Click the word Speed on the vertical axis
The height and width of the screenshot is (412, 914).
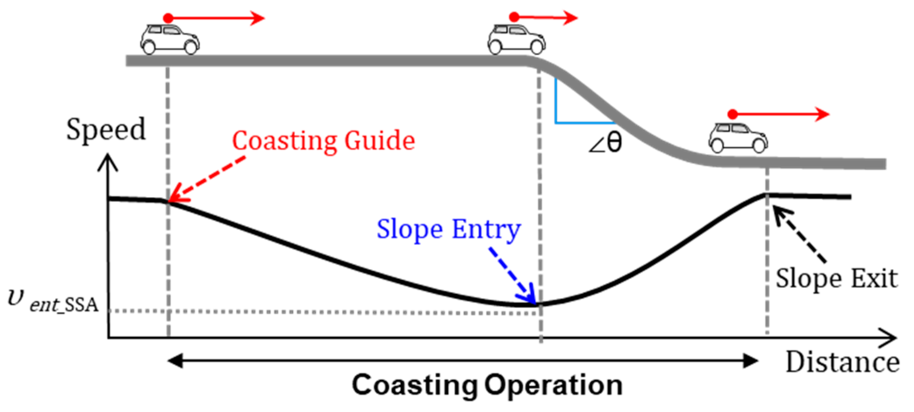[106, 129]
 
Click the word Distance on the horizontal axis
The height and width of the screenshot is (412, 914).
[842, 362]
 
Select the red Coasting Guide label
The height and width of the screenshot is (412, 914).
[323, 140]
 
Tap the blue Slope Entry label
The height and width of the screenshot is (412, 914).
[448, 229]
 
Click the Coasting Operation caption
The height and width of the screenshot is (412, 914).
[487, 385]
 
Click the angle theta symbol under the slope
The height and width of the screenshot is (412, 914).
[606, 143]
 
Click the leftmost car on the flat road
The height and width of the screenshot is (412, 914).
[170, 39]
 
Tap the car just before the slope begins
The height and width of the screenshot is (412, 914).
[517, 39]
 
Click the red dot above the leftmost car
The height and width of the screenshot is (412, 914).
[168, 18]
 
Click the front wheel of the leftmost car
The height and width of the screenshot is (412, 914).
[191, 47]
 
